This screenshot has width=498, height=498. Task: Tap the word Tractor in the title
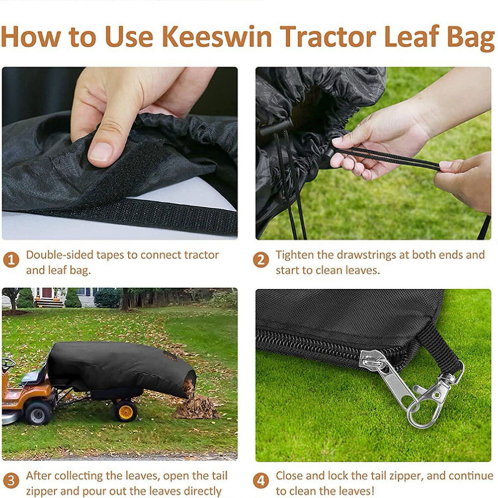[x=328, y=37]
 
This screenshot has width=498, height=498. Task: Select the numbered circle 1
[x=11, y=260]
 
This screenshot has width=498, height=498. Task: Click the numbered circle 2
[x=261, y=260]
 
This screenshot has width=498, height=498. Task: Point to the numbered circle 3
[x=11, y=480]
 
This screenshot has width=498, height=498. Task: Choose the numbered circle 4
[x=261, y=480]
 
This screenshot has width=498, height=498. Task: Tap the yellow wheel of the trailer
[x=125, y=411]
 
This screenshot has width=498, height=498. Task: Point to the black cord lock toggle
[x=275, y=127]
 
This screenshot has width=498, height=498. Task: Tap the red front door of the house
[x=47, y=292]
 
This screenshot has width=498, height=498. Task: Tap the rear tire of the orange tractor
[x=38, y=413]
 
